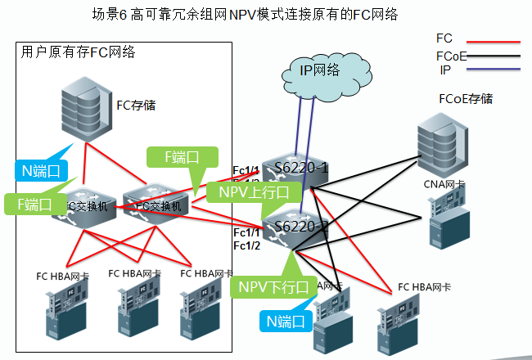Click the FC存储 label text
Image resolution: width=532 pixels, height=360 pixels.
(x=136, y=105)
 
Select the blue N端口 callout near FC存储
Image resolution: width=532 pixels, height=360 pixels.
(x=41, y=171)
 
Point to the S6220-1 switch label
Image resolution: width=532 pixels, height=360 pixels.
(x=301, y=169)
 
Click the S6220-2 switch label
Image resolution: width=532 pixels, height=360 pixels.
(x=301, y=226)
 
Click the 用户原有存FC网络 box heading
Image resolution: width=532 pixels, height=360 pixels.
(x=79, y=52)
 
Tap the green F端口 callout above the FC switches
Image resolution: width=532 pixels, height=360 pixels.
(x=182, y=157)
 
